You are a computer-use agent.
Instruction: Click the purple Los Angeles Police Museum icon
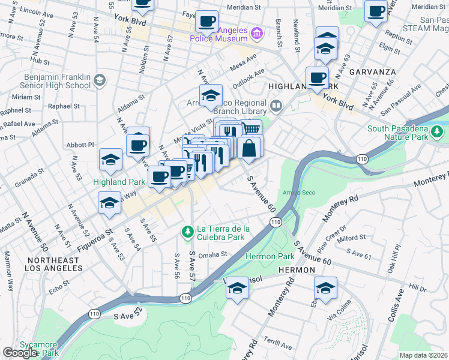tap(257, 32)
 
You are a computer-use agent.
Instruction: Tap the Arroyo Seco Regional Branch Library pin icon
tap(276, 107)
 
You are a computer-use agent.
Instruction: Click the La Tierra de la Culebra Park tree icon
tap(187, 231)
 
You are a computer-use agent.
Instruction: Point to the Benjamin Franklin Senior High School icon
tap(100, 79)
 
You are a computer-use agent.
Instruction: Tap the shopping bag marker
tap(250, 147)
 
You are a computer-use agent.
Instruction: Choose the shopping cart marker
tap(252, 129)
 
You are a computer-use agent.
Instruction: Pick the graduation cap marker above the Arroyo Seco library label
tap(211, 95)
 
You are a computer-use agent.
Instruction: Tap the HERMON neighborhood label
tap(297, 271)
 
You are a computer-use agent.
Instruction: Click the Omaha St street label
tap(214, 254)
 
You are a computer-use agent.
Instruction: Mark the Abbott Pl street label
tap(82, 145)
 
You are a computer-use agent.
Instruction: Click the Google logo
tap(19, 353)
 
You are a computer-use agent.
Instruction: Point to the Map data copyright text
tap(424, 355)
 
